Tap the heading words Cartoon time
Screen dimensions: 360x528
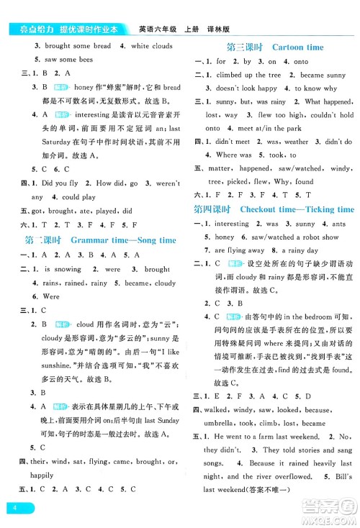(297, 46)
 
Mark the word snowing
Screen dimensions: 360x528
(70, 270)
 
